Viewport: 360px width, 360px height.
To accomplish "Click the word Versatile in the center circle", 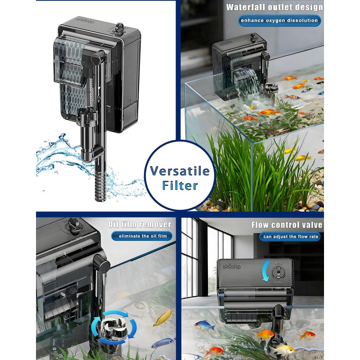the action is (x=180, y=171).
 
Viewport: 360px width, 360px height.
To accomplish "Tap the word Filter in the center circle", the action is (x=180, y=185).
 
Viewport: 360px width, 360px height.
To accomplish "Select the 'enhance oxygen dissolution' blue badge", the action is (x=279, y=20).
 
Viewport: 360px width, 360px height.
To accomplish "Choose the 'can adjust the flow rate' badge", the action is (x=290, y=237).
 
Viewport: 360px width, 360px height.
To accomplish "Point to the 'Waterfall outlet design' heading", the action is (x=274, y=7).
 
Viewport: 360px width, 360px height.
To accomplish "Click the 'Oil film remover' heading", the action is (x=140, y=225).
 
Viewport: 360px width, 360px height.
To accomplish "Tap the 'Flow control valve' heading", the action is (x=287, y=225).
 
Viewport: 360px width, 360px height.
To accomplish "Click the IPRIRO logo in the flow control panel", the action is (x=232, y=267).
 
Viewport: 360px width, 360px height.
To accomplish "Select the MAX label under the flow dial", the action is (x=278, y=282).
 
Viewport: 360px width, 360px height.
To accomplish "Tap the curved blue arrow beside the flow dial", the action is (x=265, y=270).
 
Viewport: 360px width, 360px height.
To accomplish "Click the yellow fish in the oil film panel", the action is (x=163, y=318).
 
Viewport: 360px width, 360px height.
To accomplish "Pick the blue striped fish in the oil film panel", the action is (x=163, y=343).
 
